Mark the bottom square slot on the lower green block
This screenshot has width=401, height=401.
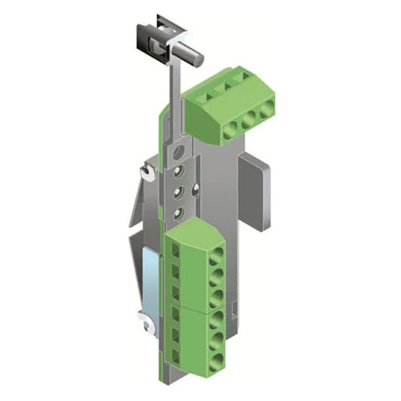point(177,352)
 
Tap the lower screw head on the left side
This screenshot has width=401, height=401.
point(143,319)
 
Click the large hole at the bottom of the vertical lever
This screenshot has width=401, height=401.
point(176,152)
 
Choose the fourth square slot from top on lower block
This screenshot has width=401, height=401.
point(177,312)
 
